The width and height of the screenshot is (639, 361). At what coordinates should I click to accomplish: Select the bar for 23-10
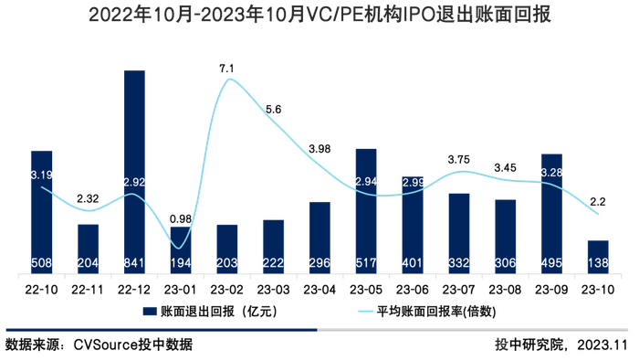pos(598,256)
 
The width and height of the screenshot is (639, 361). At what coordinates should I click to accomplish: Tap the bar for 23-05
pos(366,210)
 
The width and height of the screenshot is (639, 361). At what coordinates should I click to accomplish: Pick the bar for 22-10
pos(41,211)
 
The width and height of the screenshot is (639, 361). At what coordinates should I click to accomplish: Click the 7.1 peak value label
pos(227,69)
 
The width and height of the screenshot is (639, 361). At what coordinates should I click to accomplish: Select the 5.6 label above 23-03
pos(273,110)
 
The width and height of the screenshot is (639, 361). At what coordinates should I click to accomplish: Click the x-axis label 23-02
pos(227,288)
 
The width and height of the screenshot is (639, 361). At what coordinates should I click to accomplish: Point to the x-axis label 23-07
pos(459,288)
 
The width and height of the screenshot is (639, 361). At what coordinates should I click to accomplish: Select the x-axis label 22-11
pos(88,288)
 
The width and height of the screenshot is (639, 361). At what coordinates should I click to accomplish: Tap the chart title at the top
pos(319,16)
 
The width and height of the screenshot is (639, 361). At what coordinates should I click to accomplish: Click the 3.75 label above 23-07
pos(459,160)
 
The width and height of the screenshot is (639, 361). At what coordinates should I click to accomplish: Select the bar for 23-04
pos(319,237)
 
